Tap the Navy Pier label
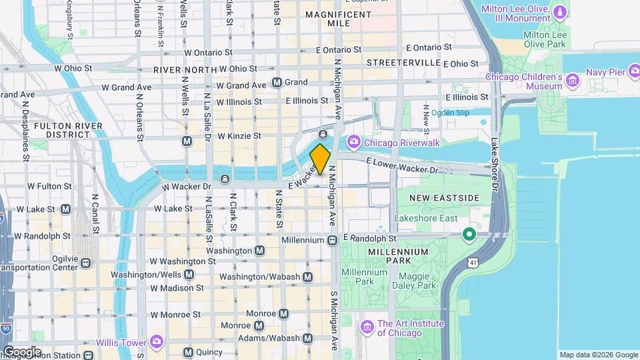click(606, 71)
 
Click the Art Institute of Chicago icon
click(366, 327)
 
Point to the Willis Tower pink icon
click(157, 342)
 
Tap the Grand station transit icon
click(277, 83)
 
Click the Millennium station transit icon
click(332, 239)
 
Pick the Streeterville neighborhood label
click(404, 62)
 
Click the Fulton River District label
click(68, 129)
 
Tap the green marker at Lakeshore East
click(469, 234)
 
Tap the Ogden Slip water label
click(450, 113)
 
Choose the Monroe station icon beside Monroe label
click(284, 313)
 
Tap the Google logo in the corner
click(22, 352)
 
